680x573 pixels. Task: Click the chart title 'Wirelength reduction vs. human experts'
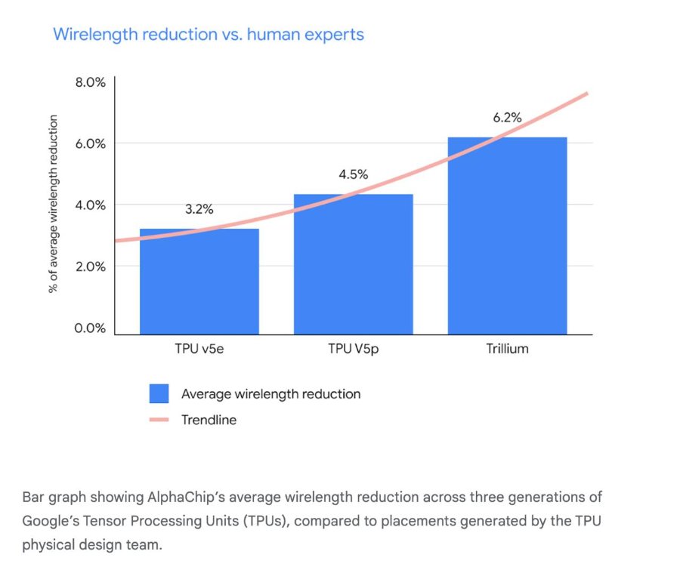pos(209,35)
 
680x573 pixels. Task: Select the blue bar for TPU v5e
pos(199,282)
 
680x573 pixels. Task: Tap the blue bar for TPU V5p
pos(354,264)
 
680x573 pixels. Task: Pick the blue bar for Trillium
pos(508,236)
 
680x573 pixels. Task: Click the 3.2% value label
pos(199,209)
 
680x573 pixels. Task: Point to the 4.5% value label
pos(354,174)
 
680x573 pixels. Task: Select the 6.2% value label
pos(508,118)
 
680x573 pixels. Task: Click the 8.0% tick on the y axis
pos(90,82)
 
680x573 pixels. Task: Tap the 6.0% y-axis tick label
pos(90,143)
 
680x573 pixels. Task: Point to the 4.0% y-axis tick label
pos(90,205)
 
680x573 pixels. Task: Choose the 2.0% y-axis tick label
pos(90,266)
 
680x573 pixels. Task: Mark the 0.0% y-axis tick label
pos(90,328)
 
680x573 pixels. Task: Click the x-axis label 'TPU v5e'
pos(199,349)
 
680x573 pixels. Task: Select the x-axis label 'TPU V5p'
pos(354,350)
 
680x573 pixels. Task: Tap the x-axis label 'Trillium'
pos(508,349)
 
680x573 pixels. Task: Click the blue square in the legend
pos(159,393)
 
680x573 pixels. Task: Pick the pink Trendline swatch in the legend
pos(159,420)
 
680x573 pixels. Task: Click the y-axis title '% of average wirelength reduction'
pos(53,204)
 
